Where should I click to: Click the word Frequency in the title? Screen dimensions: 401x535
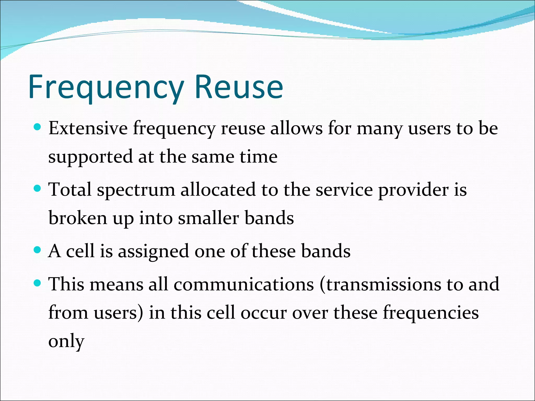pos(106,87)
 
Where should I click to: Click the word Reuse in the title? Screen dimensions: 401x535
pos(239,87)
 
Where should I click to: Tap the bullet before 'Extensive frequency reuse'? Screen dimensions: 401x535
pos(38,127)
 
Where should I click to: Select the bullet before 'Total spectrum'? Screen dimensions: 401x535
pos(38,188)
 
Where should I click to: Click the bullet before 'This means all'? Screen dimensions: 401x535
pos(38,283)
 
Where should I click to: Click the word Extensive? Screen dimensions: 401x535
pos(88,128)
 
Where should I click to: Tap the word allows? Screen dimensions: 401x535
pos(296,128)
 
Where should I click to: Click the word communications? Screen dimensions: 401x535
pos(243,284)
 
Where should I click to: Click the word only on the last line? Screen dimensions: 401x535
pos(66,341)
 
